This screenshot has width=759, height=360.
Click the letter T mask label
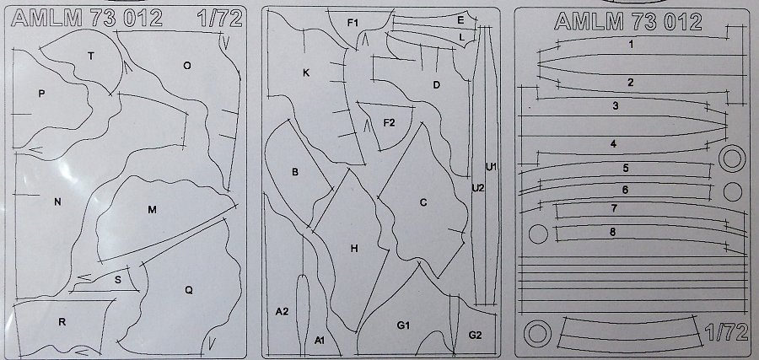click(x=90, y=56)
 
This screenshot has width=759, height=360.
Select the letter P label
click(x=41, y=94)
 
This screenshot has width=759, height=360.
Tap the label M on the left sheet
click(x=153, y=210)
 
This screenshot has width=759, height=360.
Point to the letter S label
click(x=118, y=280)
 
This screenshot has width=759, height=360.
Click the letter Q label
click(x=189, y=290)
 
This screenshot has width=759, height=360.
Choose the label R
click(x=62, y=322)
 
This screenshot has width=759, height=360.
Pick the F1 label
click(x=352, y=22)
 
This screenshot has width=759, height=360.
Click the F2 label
click(x=389, y=123)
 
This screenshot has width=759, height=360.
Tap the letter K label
click(x=306, y=73)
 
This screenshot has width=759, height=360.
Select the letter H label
click(x=354, y=249)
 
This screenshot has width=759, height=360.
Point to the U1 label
click(x=492, y=167)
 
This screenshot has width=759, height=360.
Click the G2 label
click(x=476, y=335)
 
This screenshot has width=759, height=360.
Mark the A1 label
click(x=320, y=341)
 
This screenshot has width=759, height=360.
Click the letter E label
click(x=460, y=20)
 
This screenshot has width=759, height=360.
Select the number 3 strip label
click(x=616, y=105)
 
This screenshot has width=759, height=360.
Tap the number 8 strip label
click(x=613, y=232)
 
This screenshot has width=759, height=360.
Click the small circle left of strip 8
click(x=538, y=234)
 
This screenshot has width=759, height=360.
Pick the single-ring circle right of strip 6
click(x=733, y=191)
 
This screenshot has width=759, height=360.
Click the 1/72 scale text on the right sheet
click(x=727, y=333)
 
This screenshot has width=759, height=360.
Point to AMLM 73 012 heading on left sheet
click(x=87, y=19)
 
